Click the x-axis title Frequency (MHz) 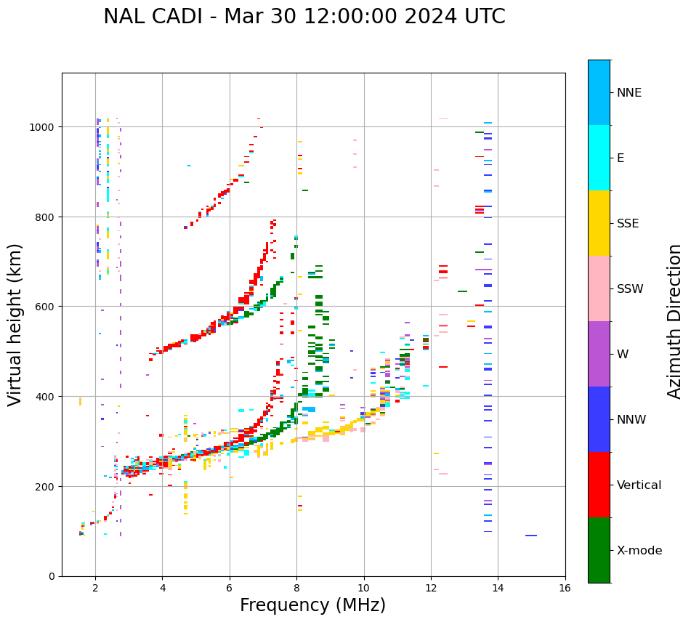[x=312, y=605]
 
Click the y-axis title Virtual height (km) [x=15, y=324]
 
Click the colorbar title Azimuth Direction [x=675, y=321]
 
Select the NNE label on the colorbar [x=629, y=92]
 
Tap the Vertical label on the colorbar [x=639, y=485]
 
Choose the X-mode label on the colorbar [x=639, y=550]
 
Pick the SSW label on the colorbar [x=630, y=288]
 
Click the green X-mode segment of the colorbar [x=599, y=550]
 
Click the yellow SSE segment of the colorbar [x=599, y=223]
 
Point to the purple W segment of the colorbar [x=599, y=354]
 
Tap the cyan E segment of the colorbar [x=599, y=158]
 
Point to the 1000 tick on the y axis [x=43, y=127]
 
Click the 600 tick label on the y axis [x=46, y=307]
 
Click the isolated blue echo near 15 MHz [x=531, y=536]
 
